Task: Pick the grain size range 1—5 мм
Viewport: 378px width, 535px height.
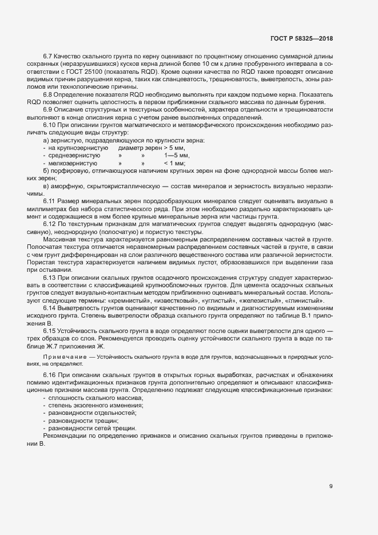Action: pyautogui.click(x=177, y=155)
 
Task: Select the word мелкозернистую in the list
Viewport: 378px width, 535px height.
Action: pyautogui.click(x=75, y=163)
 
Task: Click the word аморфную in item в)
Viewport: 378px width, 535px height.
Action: pyautogui.click(x=67, y=187)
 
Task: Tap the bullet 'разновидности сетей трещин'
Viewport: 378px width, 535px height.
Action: pyautogui.click(x=93, y=427)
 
